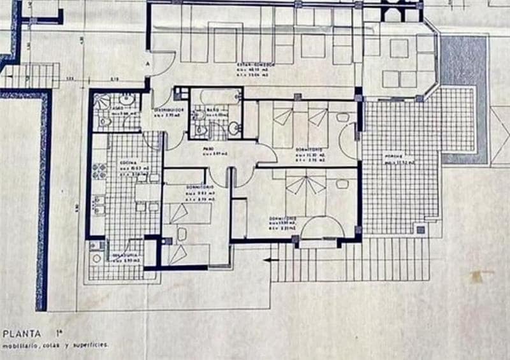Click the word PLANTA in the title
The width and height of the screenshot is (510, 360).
22,333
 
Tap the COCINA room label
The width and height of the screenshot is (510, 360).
130,163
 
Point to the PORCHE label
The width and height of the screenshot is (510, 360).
390,157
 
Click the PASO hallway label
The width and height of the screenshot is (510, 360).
208,148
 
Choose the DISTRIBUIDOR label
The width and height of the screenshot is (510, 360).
170,109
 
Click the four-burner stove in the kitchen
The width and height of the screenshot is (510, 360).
99,171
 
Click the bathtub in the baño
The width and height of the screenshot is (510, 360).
216,96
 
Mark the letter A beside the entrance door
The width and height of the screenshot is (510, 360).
148,64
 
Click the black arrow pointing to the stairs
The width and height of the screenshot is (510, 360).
268,259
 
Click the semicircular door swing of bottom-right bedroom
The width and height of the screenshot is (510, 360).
321,228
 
